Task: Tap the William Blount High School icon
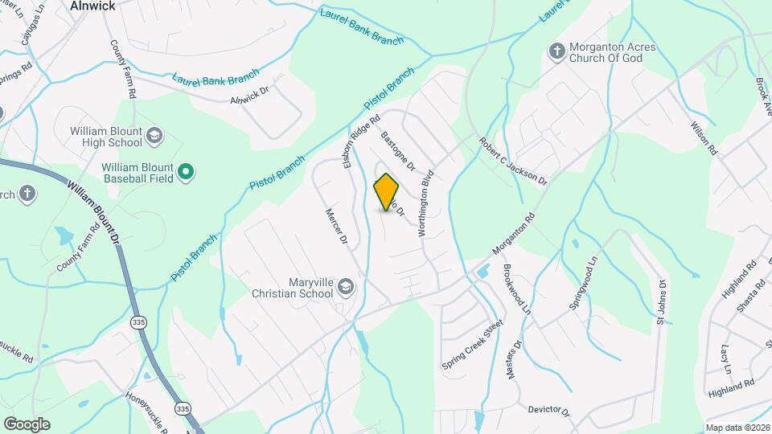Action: (154, 137)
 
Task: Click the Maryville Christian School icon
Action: (346, 287)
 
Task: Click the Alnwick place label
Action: (93, 6)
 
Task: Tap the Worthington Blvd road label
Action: (425, 203)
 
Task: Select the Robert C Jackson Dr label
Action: (513, 159)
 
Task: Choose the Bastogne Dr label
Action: (397, 152)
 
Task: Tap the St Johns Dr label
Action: (662, 303)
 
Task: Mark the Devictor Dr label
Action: (548, 411)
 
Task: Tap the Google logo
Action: (27, 424)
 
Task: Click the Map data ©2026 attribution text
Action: (737, 428)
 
